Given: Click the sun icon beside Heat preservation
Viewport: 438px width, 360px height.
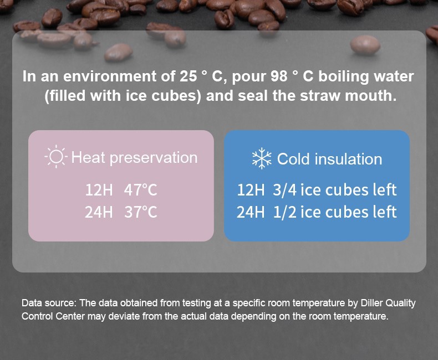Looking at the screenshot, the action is (x=56, y=157).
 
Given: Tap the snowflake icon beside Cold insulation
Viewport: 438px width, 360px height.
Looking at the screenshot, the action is (x=262, y=158).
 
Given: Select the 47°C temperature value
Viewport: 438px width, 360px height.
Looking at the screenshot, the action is (x=141, y=190).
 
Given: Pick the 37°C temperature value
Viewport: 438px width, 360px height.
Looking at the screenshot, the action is (x=141, y=212).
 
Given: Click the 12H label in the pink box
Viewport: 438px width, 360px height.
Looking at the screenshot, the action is (x=99, y=190).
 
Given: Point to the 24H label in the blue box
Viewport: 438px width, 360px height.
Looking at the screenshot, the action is (x=251, y=212).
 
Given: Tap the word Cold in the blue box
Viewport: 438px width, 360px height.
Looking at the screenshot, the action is (x=294, y=159).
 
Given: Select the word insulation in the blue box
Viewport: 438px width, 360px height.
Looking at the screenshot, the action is (x=348, y=159).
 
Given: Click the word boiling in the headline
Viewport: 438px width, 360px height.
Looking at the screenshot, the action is (x=344, y=77).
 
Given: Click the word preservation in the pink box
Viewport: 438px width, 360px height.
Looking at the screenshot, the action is (x=154, y=158).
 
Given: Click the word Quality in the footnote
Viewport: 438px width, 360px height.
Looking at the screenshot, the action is (x=400, y=304).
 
